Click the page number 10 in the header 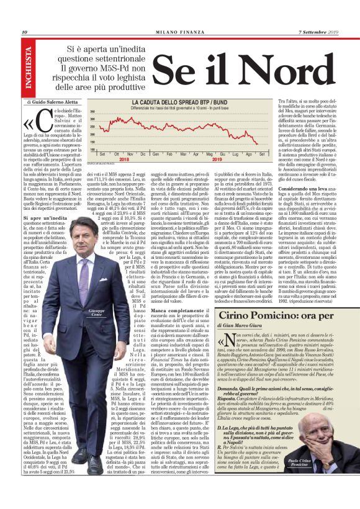(24, 32)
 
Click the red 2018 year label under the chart (124, 158)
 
